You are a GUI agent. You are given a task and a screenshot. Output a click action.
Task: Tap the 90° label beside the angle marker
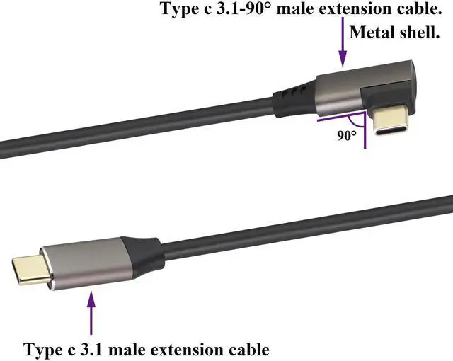[x=347, y=135]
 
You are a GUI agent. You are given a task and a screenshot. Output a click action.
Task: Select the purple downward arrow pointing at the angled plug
[x=343, y=42]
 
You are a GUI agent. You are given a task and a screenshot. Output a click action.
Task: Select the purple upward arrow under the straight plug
[x=91, y=312]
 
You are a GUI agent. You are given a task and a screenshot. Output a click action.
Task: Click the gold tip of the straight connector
[x=33, y=270]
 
